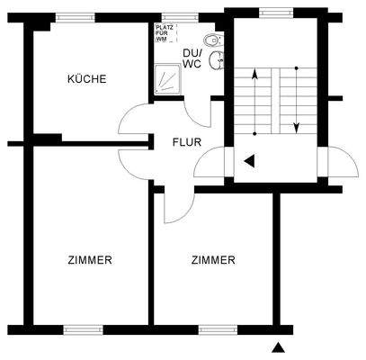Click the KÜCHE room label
coord(86,79)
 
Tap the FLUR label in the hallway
coord(187,142)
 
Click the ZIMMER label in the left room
coord(90,260)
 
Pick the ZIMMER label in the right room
coord(213,260)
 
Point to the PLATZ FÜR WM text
coord(162,34)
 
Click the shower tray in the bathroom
coord(165,82)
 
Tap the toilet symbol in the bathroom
coord(212,40)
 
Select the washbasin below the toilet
coord(217,60)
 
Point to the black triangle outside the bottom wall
coord(281,346)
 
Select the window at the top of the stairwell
coord(271,12)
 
